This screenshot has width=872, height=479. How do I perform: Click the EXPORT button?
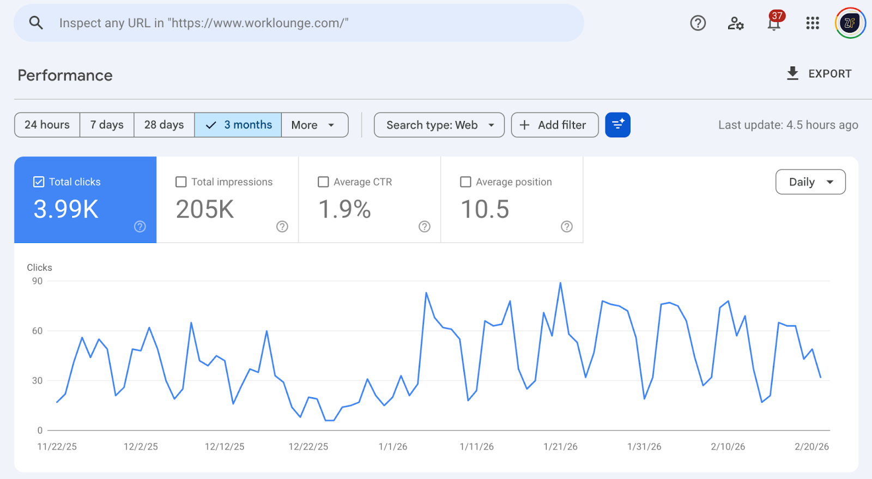point(819,74)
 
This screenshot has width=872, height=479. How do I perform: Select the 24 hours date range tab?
point(47,125)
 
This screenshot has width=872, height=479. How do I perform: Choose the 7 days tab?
point(107,125)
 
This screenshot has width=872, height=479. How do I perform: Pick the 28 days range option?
point(164,125)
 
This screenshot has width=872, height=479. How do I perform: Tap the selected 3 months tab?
point(238,125)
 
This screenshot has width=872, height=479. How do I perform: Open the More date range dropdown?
point(314,125)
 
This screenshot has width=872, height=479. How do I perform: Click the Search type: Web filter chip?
point(439,125)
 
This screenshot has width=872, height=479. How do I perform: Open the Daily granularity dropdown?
point(810,182)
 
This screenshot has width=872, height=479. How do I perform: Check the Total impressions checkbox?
point(181,182)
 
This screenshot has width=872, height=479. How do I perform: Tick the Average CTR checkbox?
point(323,182)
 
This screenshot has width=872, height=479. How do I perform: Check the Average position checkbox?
point(465,182)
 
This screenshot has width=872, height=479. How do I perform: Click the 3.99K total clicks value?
point(66,209)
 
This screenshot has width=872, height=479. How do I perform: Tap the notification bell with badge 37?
point(774,23)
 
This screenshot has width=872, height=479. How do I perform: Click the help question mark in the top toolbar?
point(698,23)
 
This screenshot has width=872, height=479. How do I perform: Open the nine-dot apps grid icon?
point(813,23)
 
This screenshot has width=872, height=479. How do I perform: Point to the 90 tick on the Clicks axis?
point(37,281)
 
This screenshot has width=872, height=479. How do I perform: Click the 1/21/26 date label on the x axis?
point(560,447)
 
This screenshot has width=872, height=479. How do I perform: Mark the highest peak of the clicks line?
point(560,283)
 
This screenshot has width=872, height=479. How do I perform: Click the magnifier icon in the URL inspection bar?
point(36,23)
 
